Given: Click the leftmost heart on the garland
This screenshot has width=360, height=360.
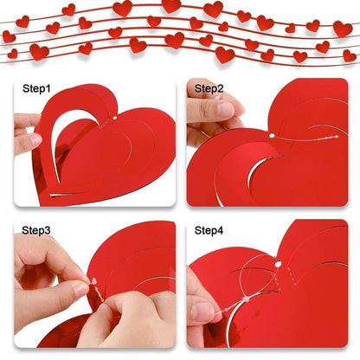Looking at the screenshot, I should (x=8, y=36).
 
